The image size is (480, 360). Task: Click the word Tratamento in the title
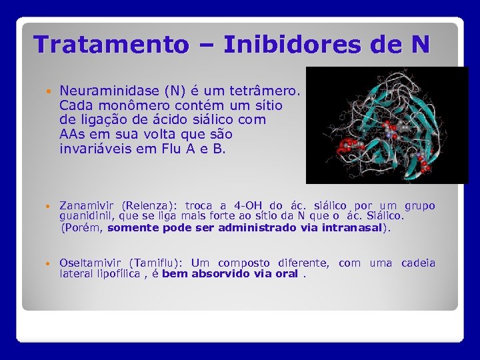pos(111,45)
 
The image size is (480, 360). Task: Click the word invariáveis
pos(91,149)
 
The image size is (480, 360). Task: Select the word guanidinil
pos(81,216)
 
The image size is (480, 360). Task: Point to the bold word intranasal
pos(352,227)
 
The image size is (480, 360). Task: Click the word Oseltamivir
pos(91,263)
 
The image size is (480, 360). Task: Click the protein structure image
pos(387,125)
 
